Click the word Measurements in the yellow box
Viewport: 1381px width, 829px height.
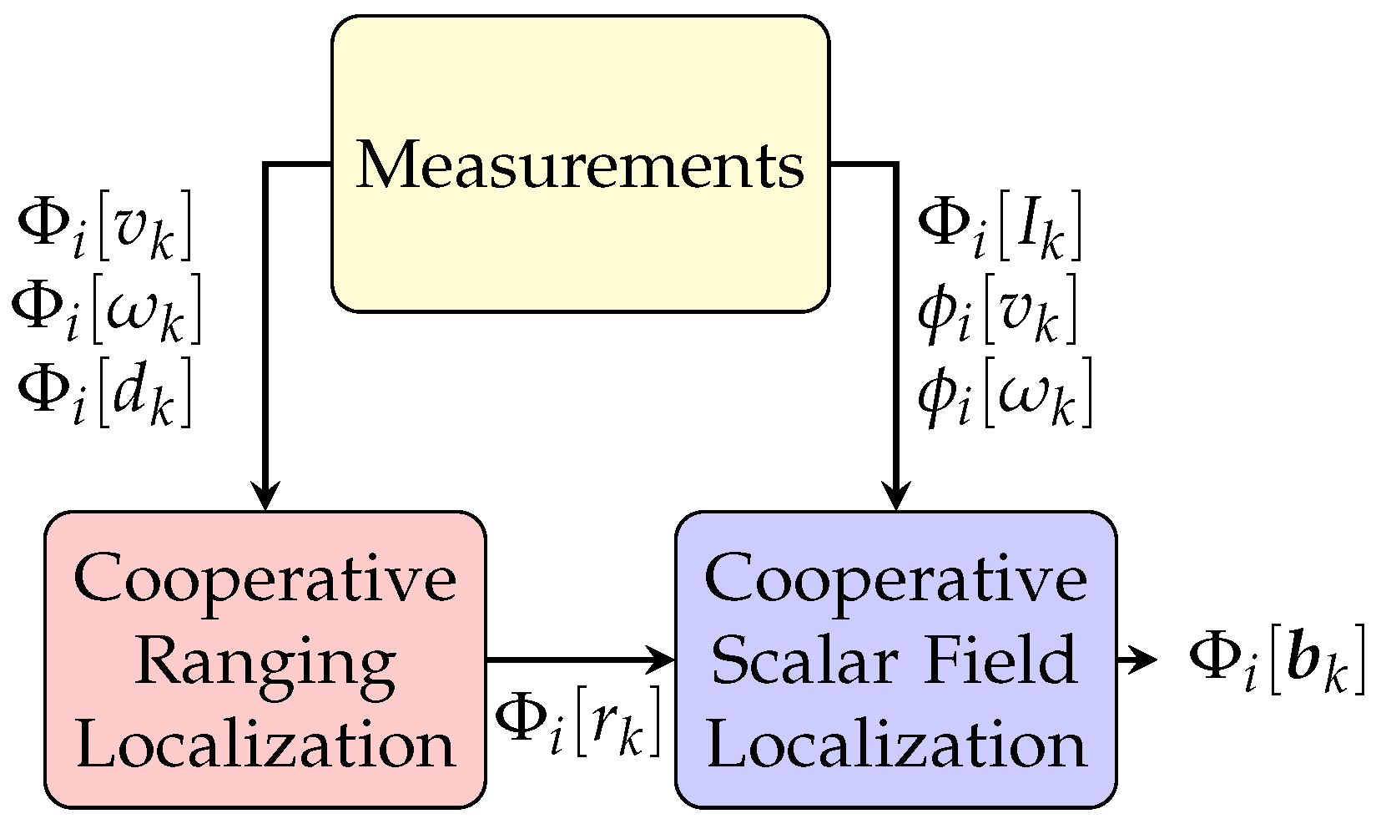(580, 164)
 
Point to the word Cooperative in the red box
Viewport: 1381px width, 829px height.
(265, 579)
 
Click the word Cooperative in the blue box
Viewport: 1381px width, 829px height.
(895, 579)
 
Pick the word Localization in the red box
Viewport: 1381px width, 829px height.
(265, 744)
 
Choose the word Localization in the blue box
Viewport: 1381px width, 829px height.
(895, 744)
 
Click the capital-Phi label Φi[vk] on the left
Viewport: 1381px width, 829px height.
(105, 225)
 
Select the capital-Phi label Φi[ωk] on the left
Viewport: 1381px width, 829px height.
(107, 309)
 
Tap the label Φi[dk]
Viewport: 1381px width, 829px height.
(105, 392)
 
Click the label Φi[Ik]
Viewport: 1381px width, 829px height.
(1000, 225)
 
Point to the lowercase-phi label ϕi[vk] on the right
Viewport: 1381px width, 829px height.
(998, 309)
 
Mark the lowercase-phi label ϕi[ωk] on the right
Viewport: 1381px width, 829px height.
(1005, 392)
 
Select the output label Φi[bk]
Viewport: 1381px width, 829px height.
(1277, 660)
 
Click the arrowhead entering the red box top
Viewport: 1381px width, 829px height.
(265, 498)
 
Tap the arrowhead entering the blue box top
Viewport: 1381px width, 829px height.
(895, 498)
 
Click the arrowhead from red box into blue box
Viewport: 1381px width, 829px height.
(663, 660)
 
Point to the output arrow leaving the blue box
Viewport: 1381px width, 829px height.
(1139, 660)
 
